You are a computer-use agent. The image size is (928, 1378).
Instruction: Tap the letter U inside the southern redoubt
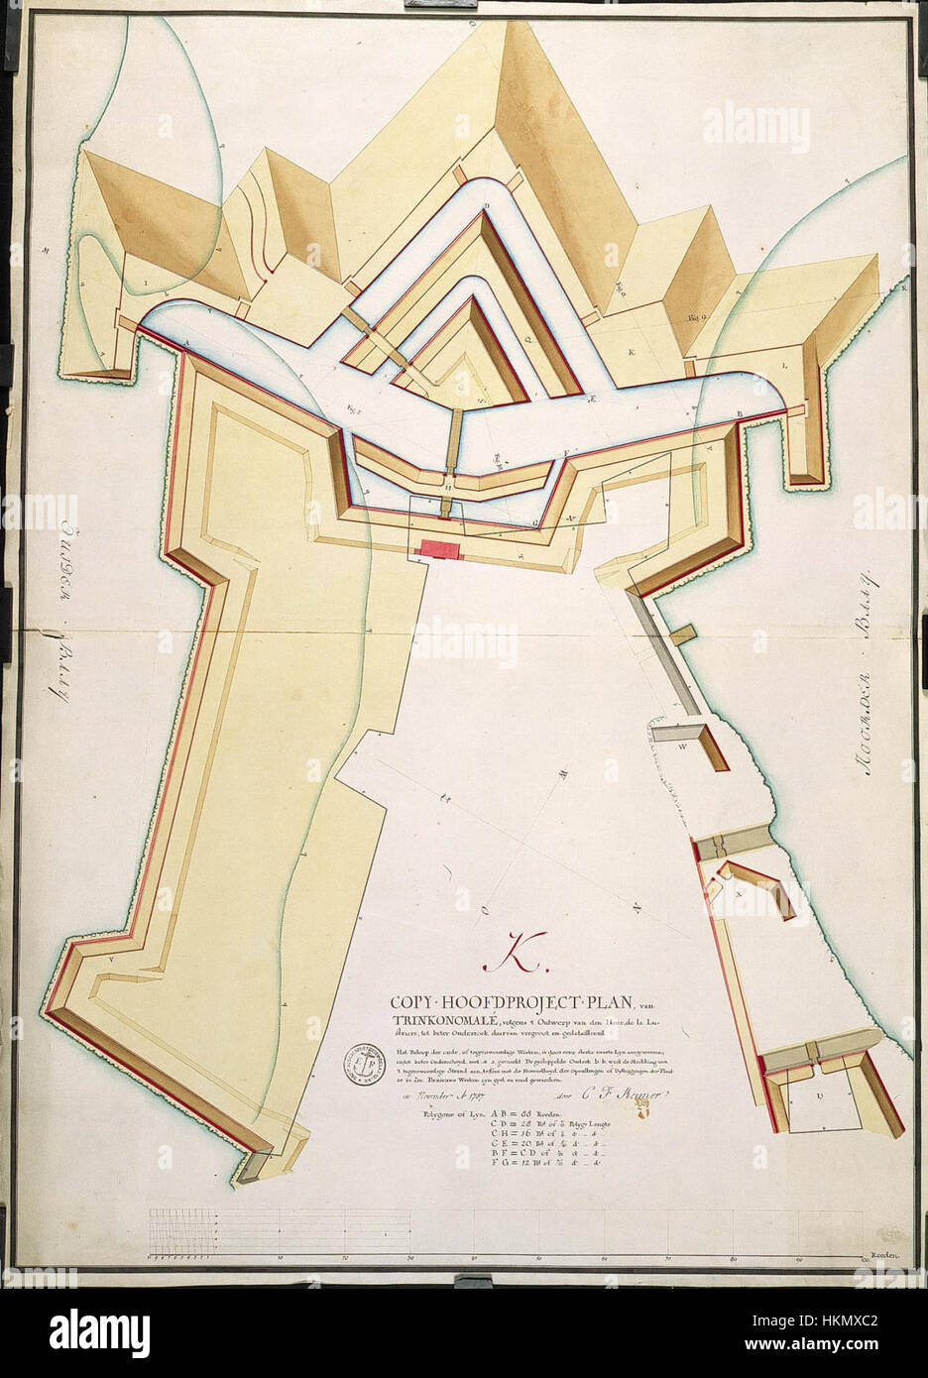coord(819,1095)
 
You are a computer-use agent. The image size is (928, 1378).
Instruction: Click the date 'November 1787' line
coord(433,1095)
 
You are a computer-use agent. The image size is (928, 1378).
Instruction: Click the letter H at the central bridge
coord(449,487)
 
